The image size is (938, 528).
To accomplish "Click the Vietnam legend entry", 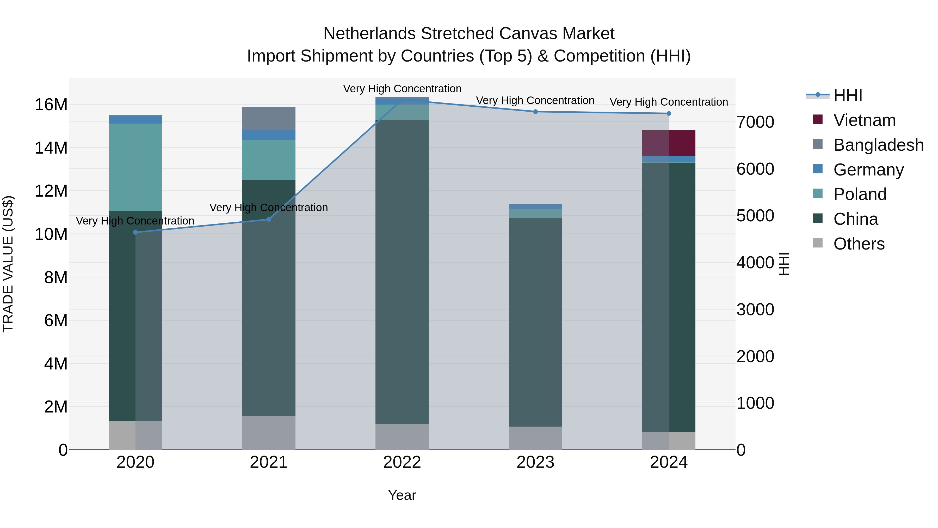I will tap(864, 120).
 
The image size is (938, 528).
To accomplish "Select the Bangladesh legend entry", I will tap(878, 145).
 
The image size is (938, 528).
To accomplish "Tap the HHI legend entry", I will tap(847, 95).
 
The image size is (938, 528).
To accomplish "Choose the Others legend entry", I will tap(859, 244).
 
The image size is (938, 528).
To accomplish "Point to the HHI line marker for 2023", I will tap(535, 112).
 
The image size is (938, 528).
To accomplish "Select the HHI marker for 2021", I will tap(269, 219).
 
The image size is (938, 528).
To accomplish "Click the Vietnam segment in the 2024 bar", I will tap(669, 143).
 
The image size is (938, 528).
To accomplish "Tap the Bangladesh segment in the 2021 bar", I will tap(269, 118).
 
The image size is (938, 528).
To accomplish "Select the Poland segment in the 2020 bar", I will tap(135, 167).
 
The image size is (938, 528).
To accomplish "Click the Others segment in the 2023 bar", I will tap(535, 438).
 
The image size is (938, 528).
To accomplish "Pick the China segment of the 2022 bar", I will tap(402, 271).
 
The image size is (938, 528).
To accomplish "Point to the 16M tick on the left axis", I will tap(51, 105).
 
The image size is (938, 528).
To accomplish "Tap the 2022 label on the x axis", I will tap(402, 462).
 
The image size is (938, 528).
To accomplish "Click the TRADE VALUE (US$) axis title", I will tap(8, 264).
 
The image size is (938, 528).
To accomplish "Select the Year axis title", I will tap(402, 495).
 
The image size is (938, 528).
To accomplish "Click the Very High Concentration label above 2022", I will tap(402, 89).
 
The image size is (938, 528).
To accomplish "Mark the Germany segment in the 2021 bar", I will tap(269, 135).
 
